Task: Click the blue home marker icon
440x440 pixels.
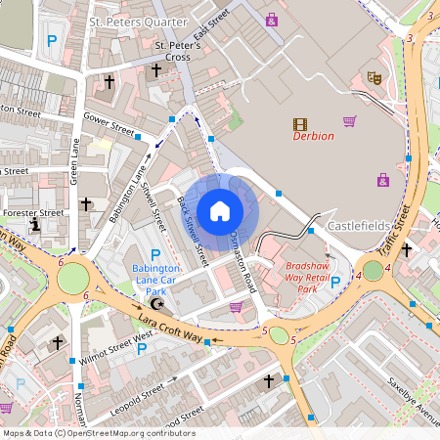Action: [220, 211]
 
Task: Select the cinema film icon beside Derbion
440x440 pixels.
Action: [299, 124]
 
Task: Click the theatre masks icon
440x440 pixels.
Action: [374, 76]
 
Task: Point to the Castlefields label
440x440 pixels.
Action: [359, 225]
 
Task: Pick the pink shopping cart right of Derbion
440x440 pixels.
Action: [349, 121]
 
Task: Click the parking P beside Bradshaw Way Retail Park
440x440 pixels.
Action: [335, 283]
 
